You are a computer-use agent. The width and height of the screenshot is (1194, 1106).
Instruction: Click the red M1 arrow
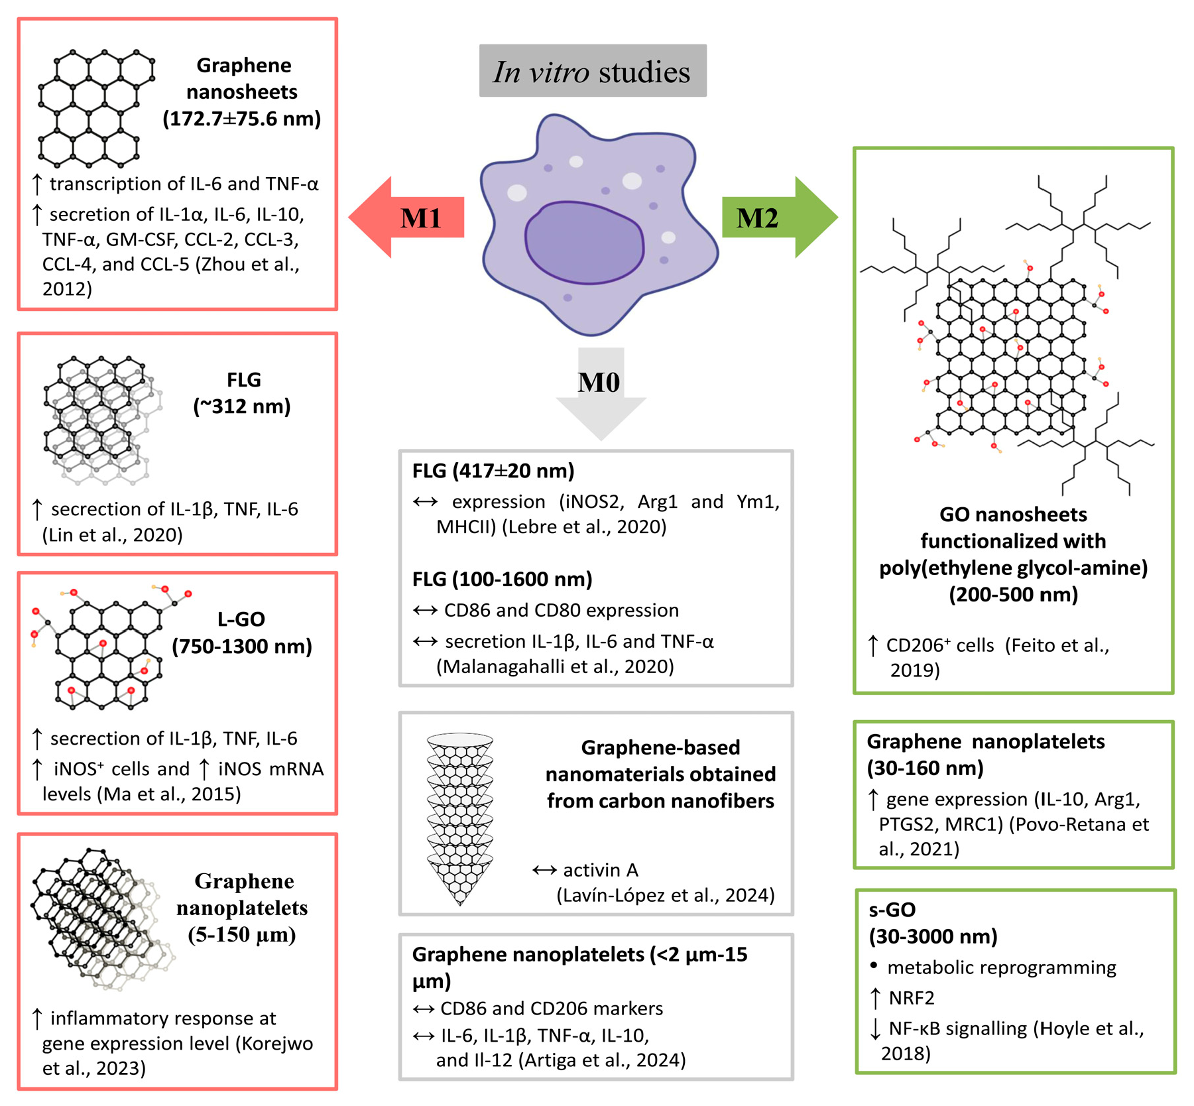(411, 217)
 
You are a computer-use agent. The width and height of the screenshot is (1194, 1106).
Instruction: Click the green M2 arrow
(776, 217)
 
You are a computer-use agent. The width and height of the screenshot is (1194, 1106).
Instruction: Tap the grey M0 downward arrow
(601, 391)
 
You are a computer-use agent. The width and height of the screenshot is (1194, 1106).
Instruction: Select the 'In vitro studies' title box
(593, 71)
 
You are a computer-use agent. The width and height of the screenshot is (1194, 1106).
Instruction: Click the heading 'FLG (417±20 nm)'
(493, 471)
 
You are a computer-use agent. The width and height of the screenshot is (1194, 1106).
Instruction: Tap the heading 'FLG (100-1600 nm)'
(503, 579)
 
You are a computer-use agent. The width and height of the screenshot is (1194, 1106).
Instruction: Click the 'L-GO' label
(241, 619)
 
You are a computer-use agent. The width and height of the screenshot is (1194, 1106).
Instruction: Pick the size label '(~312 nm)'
(242, 406)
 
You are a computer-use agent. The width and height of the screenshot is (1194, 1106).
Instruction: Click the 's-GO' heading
(892, 909)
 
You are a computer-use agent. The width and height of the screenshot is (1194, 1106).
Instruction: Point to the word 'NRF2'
(912, 997)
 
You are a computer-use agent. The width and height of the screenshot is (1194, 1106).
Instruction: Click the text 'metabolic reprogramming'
(1001, 967)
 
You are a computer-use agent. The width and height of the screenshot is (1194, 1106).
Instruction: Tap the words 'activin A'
(601, 869)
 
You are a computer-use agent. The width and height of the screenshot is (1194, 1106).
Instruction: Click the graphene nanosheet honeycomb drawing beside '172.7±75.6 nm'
(96, 107)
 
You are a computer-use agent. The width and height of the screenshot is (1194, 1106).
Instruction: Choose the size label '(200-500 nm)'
(1013, 594)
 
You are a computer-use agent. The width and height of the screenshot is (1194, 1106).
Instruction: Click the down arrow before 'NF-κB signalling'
(875, 1028)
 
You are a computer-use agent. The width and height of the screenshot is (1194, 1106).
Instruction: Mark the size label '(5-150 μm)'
(242, 934)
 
